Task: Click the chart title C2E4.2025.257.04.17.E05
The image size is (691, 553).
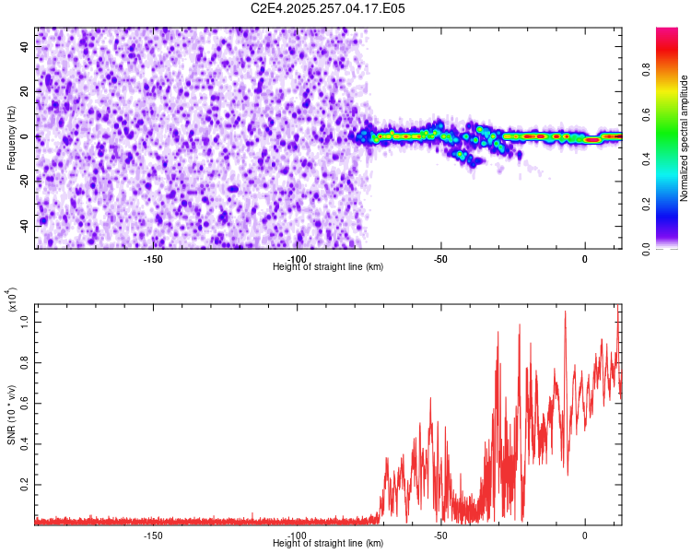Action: pos(328,8)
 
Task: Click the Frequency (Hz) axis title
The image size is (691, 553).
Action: pos(11,137)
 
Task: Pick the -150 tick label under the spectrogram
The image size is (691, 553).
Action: pos(153,259)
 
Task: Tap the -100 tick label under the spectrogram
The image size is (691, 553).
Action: pos(297,259)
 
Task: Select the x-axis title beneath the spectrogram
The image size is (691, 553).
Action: pos(328,267)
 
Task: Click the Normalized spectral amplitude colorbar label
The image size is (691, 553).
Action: pos(685,138)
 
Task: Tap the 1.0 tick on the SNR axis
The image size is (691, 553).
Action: pos(26,322)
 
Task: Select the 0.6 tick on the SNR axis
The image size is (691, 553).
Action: pos(26,403)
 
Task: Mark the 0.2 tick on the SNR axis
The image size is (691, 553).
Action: pos(26,483)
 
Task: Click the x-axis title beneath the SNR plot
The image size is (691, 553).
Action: pos(328,544)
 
